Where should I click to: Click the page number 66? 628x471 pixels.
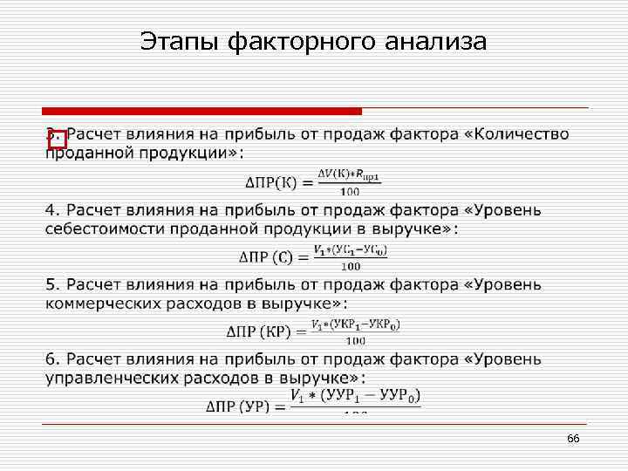click(x=573, y=438)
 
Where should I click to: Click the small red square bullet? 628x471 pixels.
click(x=57, y=140)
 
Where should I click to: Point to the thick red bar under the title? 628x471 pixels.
click(x=201, y=111)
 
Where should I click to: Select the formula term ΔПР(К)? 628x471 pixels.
click(x=273, y=182)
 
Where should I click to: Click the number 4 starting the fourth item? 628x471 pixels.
click(x=51, y=210)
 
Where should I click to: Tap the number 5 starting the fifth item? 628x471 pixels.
click(x=51, y=285)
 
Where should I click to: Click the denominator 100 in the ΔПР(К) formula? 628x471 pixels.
click(x=350, y=191)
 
